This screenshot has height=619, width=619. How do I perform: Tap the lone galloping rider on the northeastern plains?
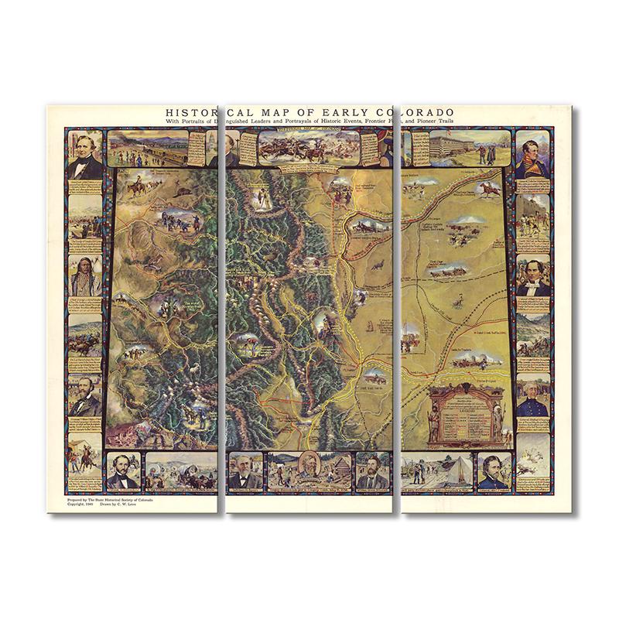point(487,190)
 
